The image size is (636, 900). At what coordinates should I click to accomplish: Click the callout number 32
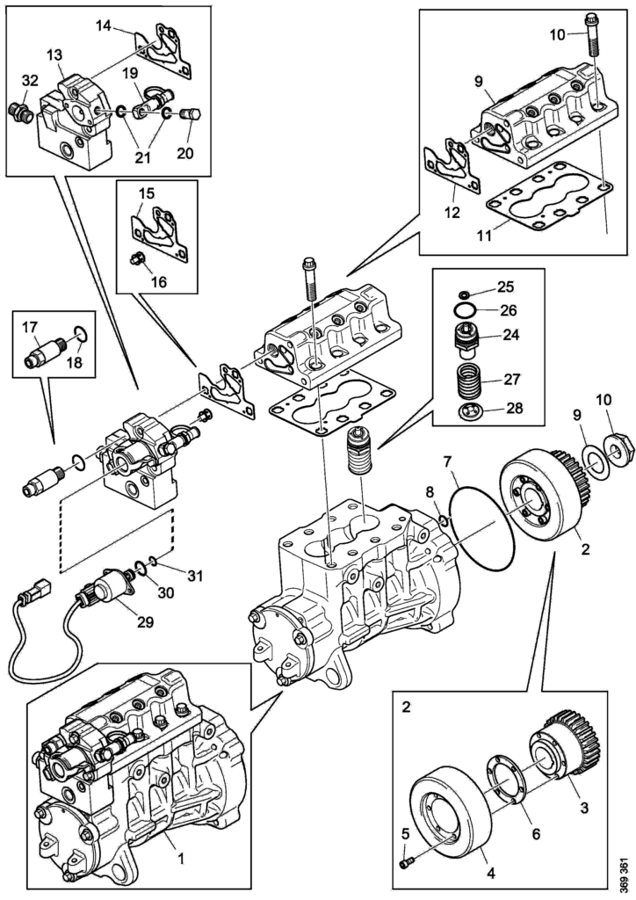click(29, 80)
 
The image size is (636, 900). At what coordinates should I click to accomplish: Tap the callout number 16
click(159, 283)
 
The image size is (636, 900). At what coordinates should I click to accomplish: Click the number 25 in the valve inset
click(530, 287)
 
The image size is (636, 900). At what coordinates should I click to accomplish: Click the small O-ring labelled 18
click(77, 334)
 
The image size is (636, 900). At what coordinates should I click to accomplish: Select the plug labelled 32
click(19, 111)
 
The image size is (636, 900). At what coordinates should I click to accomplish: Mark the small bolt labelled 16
click(136, 260)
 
